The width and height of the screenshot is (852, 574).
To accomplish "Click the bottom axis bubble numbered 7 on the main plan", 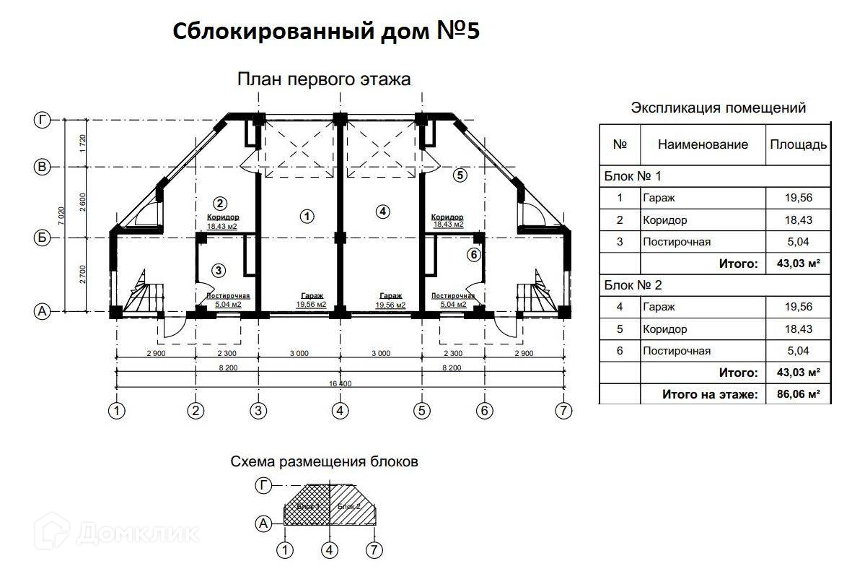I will point(563,411).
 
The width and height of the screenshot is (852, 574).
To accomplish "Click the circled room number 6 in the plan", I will point(473,254).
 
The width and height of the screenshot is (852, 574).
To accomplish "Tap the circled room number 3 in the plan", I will point(219,270).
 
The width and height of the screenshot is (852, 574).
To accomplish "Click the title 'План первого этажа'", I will point(324,79).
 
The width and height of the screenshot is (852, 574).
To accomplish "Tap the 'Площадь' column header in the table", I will point(798,144).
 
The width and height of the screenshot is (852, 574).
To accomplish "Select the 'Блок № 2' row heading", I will point(633,285).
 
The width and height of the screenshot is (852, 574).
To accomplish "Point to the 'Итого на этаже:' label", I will point(710,394).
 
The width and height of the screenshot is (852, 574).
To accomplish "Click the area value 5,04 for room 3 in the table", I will point(798,242).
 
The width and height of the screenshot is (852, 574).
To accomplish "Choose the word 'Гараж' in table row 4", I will point(659,307).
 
